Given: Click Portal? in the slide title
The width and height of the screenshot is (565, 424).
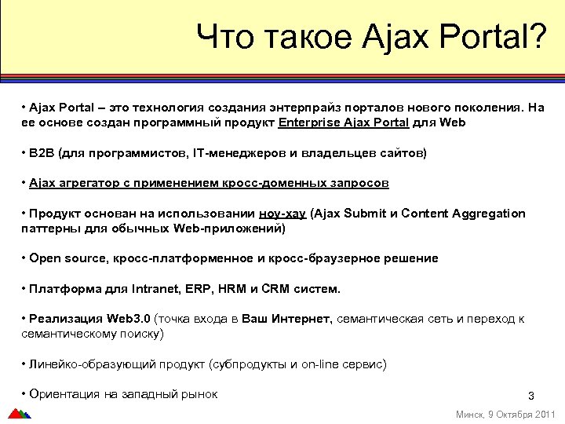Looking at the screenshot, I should (x=494, y=37).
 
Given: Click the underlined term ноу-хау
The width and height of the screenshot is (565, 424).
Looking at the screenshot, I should (x=283, y=214).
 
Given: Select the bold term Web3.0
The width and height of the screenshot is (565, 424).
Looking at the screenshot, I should (x=129, y=319).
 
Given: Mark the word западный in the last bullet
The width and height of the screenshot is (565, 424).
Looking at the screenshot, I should (x=149, y=394).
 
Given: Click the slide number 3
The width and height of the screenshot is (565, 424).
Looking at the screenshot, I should (x=530, y=396).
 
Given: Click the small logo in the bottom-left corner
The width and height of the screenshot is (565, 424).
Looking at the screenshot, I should (x=18, y=414).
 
